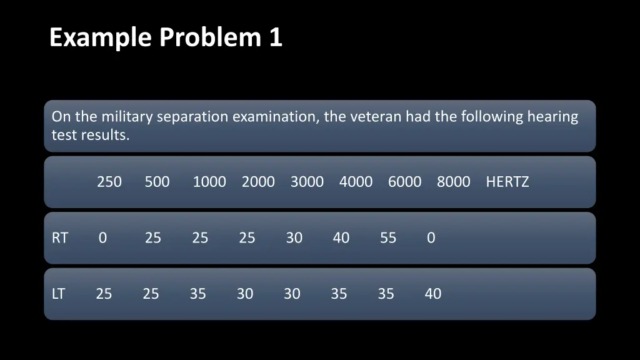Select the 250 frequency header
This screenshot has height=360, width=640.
tap(109, 182)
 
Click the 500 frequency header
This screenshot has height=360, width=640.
tap(157, 182)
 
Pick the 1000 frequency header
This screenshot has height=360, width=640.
tap(209, 182)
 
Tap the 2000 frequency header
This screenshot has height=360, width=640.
tap(258, 182)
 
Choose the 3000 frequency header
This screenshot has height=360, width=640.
tap(307, 182)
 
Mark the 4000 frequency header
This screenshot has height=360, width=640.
tap(356, 182)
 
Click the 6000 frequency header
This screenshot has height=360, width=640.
tap(404, 182)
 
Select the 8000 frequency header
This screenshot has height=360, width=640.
tap(453, 182)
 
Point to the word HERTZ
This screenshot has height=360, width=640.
tap(507, 182)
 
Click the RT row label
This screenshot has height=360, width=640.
tap(59, 238)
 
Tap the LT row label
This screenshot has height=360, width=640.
tap(58, 294)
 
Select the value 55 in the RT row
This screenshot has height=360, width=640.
tap(388, 238)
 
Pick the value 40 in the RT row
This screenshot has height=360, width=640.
tap(341, 238)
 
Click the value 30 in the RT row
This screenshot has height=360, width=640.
tap(294, 238)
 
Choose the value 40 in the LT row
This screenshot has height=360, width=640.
tap(433, 294)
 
